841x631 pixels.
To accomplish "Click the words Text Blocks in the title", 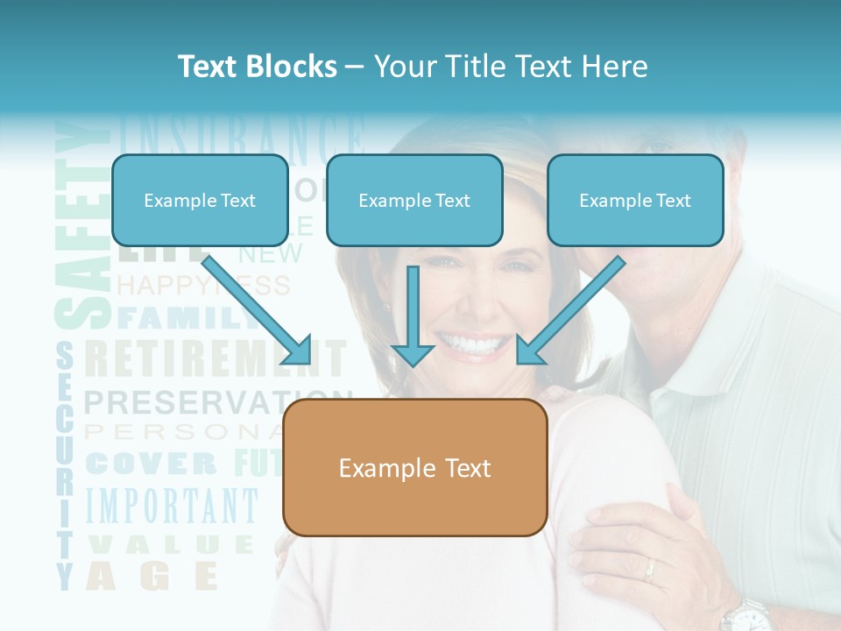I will (257, 67).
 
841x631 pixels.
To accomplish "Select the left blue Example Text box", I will (200, 201).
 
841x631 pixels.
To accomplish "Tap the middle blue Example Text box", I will (414, 201).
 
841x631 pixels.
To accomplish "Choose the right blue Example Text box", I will (635, 201).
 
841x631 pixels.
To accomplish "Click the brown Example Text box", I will (415, 468).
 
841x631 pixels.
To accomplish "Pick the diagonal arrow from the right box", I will (569, 311).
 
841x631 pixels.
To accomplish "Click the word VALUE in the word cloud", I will (171, 544).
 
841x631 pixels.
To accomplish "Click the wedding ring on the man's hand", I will (649, 570).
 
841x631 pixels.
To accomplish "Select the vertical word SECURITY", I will (64, 464).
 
